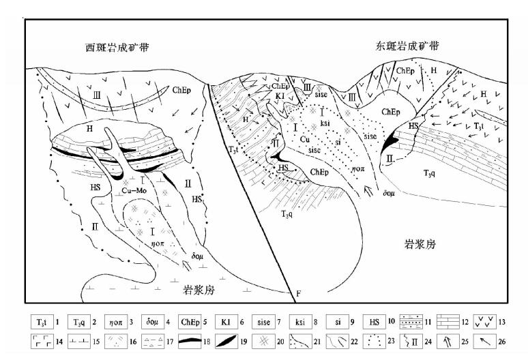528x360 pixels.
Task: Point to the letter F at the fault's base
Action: tap(298, 293)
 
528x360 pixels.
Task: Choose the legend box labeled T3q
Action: tap(86, 320)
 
